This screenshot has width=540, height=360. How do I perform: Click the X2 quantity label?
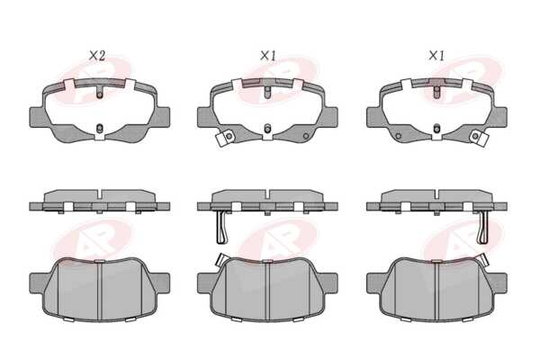(97, 56)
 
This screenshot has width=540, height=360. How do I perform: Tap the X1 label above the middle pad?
(268, 56)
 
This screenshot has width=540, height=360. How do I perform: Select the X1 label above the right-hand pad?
(436, 56)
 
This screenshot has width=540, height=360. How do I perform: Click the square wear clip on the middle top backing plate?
(224, 139)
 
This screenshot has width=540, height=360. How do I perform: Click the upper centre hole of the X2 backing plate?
(99, 94)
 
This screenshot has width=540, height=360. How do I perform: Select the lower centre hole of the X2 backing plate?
(99, 129)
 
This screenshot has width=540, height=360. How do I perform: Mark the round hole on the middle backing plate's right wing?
(306, 136)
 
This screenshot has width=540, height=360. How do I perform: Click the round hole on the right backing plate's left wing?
(398, 136)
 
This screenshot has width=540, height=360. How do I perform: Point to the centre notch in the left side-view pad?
(99, 194)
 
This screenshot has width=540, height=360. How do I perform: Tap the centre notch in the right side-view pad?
(436, 194)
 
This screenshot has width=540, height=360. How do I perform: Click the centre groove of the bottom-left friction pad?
(99, 290)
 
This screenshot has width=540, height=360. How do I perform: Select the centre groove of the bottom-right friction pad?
(436, 290)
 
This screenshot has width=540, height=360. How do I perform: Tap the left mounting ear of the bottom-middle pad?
(205, 283)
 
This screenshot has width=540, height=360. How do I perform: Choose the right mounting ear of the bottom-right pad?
(499, 283)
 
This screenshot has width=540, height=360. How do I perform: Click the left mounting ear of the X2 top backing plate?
(37, 117)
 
